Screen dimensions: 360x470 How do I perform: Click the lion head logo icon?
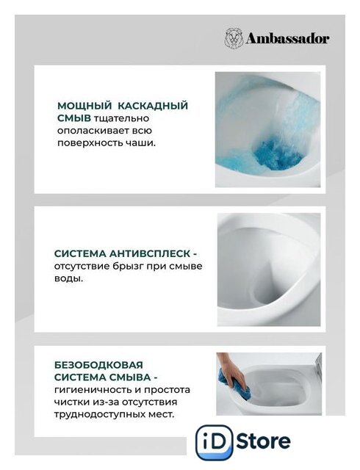[234, 37]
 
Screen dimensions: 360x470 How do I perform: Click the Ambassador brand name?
[288, 39]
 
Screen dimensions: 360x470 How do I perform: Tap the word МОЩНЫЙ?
[83, 106]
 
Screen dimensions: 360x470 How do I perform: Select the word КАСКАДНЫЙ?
[153, 106]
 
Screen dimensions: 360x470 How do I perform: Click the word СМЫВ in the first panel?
[74, 118]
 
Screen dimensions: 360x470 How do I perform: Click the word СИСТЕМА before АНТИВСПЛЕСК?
[80, 253]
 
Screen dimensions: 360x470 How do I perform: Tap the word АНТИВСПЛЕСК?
[150, 253]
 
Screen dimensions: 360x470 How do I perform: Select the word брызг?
[129, 267]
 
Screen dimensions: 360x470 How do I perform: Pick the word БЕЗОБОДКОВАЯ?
[98, 365]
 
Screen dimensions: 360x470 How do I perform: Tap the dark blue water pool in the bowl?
[277, 153]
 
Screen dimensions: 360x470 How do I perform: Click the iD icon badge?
[214, 442]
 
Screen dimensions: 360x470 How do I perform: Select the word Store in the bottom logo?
[264, 441]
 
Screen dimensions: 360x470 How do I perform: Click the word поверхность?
[90, 143]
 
